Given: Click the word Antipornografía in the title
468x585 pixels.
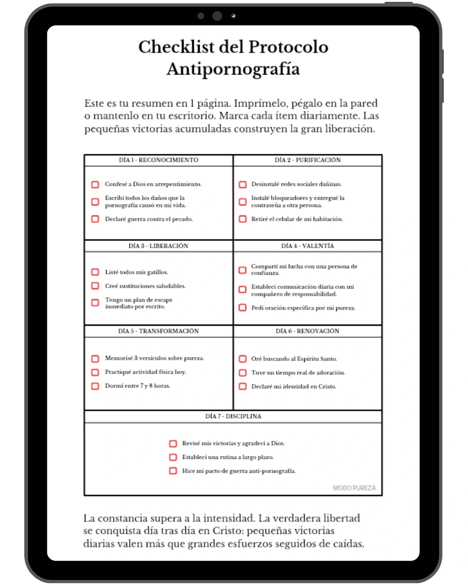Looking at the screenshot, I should point(233,69).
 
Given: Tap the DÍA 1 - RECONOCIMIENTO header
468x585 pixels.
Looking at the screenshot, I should point(159,160).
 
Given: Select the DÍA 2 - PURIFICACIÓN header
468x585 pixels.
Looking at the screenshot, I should point(308,160).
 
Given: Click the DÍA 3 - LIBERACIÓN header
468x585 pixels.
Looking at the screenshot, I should point(159,246).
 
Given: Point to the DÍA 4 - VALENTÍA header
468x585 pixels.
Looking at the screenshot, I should point(308,246).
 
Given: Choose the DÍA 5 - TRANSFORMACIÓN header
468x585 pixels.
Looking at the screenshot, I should point(159,331).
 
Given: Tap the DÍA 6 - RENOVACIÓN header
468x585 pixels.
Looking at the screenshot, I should point(308,331).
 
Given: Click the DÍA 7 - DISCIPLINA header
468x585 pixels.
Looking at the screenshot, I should point(233,416).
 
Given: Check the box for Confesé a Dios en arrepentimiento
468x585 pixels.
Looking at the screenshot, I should point(95,185).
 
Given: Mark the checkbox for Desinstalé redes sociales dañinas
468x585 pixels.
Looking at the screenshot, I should point(243,185).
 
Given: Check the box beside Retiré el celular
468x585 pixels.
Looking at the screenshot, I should point(243,219).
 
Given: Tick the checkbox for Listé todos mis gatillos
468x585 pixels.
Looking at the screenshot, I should point(95,272).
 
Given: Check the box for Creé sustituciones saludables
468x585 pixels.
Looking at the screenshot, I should point(95,286).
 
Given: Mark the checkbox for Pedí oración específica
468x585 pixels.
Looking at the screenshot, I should point(243,308).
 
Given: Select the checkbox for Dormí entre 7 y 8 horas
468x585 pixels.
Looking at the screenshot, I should point(95,386).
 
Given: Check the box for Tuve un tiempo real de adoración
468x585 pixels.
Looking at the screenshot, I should point(243,373).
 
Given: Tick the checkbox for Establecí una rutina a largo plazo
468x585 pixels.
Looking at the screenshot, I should point(173,457).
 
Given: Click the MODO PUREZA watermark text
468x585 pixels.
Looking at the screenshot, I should point(354,488).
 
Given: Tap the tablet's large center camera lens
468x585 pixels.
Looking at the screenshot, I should point(217,16).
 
